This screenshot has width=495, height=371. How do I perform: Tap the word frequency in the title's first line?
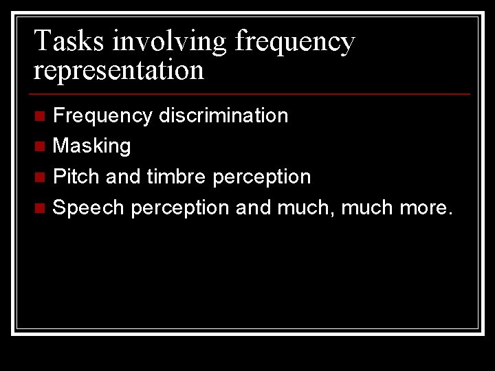pyautogui.click(x=295, y=43)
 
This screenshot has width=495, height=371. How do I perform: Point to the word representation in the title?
pyautogui.click(x=118, y=71)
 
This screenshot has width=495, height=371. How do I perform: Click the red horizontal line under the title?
pyautogui.click(x=252, y=93)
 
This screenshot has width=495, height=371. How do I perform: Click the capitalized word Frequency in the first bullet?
pyautogui.click(x=102, y=115)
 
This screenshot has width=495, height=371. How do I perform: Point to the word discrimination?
pyautogui.click(x=223, y=115)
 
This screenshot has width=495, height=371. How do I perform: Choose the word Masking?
pyautogui.click(x=91, y=146)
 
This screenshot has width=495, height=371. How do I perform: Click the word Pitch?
pyautogui.click(x=77, y=177)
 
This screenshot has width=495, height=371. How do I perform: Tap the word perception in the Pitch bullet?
pyautogui.click(x=262, y=177)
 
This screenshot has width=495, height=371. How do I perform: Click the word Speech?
pyautogui.click(x=89, y=207)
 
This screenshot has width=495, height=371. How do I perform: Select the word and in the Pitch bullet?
pyautogui.click(x=123, y=177)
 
